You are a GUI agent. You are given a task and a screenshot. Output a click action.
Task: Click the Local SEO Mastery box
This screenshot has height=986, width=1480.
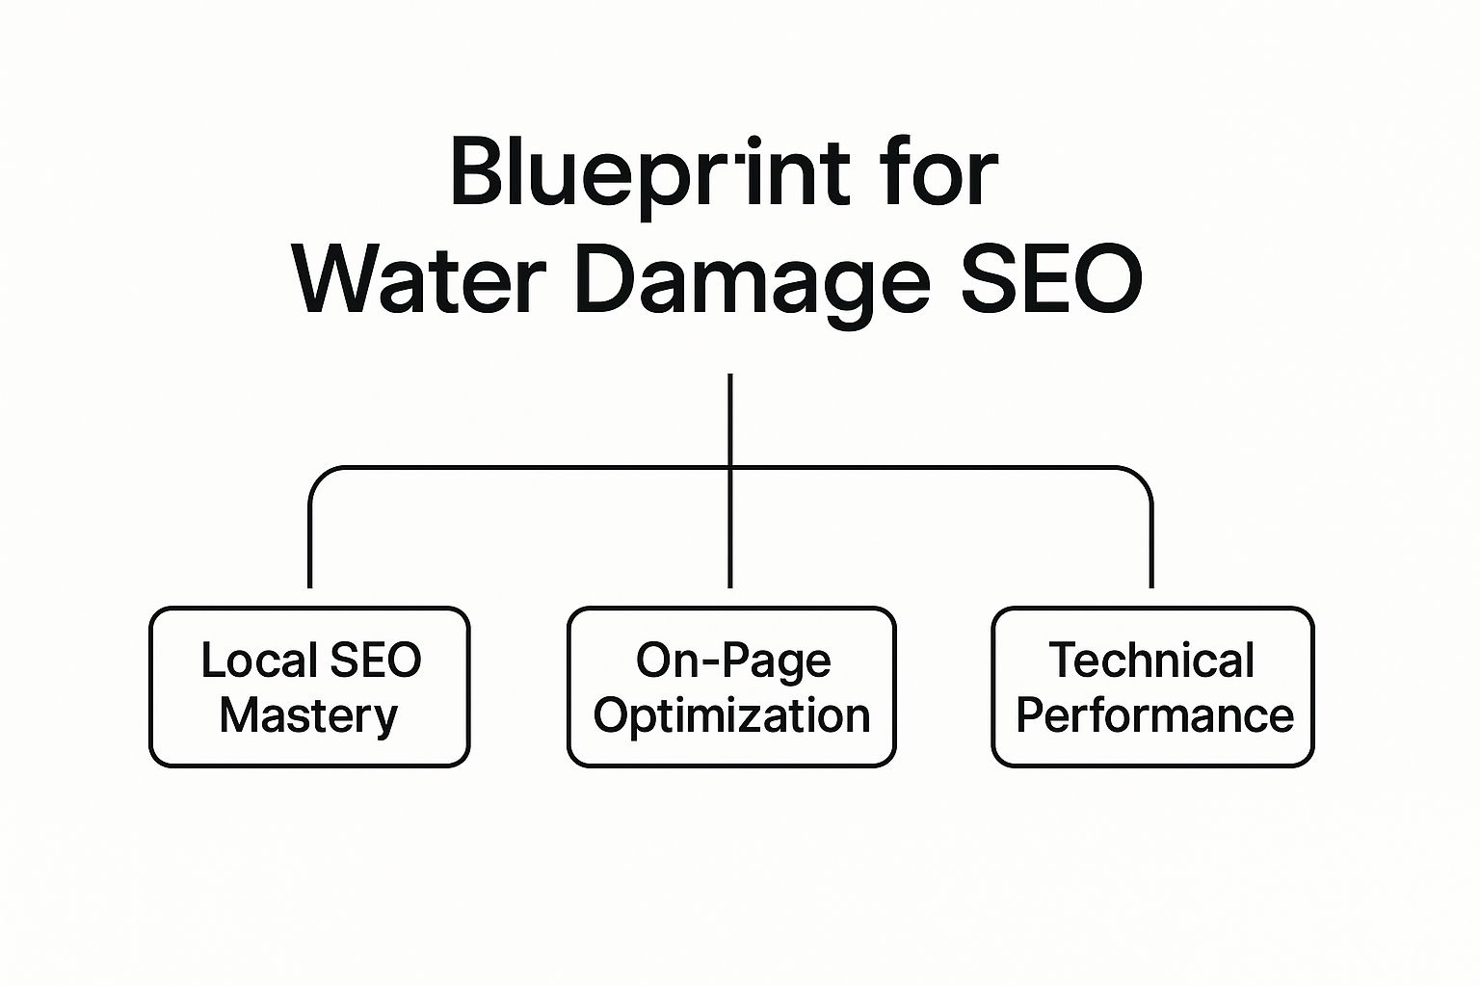309,687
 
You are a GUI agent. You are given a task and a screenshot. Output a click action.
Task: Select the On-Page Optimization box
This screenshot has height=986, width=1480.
731,687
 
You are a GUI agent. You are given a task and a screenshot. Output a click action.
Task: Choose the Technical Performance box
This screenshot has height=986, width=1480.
1152,687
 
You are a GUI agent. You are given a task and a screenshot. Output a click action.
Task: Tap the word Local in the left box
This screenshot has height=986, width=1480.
258,661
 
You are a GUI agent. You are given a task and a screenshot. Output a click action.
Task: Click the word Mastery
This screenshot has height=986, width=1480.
308,715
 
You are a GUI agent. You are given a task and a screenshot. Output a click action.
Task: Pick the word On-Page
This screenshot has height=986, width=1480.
732,661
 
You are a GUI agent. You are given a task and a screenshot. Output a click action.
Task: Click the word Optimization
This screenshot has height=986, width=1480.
731,716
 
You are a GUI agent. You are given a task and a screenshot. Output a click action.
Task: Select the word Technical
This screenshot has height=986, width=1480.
1150,661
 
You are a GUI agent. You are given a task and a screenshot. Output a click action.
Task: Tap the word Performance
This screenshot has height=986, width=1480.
1154,715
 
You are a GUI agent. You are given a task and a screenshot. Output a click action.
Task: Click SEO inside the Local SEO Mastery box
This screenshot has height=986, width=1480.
375,661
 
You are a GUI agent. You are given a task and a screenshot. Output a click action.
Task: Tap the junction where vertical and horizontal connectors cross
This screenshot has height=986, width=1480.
730,468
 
